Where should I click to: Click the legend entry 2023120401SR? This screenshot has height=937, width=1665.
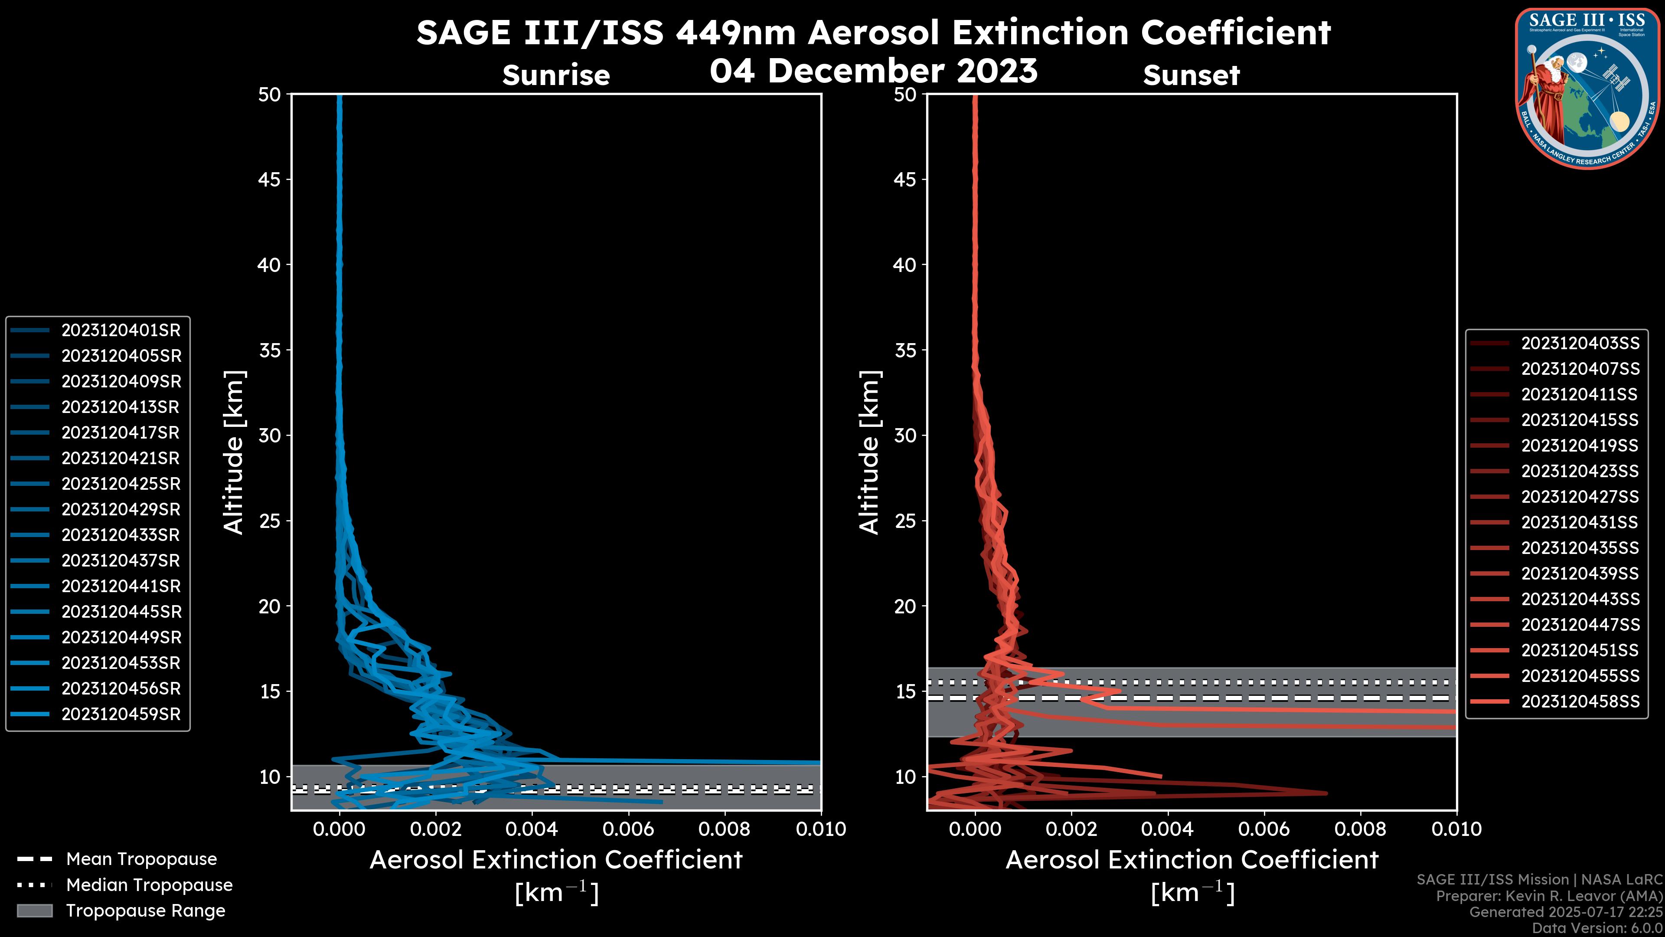121,331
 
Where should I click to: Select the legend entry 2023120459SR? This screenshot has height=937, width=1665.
121,714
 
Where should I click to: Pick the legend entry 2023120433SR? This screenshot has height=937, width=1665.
121,535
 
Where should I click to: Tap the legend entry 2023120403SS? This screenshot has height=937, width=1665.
1580,344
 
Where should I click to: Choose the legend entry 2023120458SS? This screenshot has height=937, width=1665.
1580,701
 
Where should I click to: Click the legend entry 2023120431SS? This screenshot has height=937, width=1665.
1580,522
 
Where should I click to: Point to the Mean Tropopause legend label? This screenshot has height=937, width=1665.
141,859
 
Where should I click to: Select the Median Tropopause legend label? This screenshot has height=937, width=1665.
149,885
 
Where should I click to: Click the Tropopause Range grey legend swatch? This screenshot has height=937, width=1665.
35,911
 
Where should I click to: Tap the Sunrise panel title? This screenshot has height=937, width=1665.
556,75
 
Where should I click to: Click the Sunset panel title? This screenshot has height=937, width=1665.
1191,75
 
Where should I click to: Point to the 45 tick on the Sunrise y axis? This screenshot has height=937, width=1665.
270,180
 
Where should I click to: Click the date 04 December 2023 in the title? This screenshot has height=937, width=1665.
873,71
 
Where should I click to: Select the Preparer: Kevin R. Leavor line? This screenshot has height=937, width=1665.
1549,896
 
